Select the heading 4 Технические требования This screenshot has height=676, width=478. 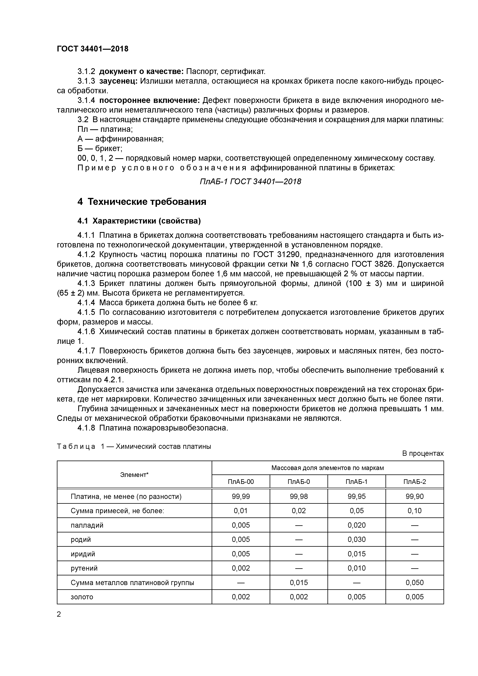coord(142,202)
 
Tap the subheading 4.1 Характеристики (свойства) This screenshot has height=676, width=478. coord(139,221)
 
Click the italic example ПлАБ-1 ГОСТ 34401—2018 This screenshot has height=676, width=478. coord(250,181)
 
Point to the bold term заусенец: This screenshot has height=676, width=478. coord(118,81)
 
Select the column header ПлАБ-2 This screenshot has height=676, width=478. coord(414,482)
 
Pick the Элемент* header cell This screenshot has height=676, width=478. coord(134,475)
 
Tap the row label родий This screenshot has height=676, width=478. coord(81,539)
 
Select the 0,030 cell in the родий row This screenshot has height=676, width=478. coord(356,539)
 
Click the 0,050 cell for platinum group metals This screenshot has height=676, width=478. coord(414,582)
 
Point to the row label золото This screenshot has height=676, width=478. coord(82,597)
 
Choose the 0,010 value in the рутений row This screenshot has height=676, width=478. coord(356,568)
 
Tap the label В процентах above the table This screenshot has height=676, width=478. coord(423,453)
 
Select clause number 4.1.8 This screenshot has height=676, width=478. coord(86,428)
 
